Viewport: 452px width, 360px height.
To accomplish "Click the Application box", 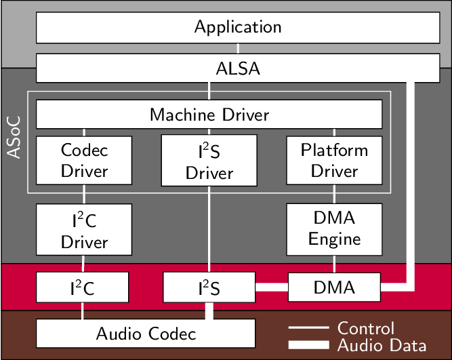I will tap(237, 28).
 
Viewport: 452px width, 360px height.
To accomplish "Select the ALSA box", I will tap(237, 68).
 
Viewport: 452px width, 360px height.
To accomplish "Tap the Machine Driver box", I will tap(209, 115).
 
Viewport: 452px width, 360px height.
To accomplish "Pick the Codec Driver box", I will tap(84, 160).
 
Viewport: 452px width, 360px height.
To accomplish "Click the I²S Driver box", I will tap(209, 161).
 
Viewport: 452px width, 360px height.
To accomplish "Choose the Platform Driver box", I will tap(334, 160).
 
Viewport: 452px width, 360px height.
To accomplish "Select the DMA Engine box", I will tap(334, 228).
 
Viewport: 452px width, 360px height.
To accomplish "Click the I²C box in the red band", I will tap(82, 287).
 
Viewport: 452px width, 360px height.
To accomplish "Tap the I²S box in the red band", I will tap(209, 287).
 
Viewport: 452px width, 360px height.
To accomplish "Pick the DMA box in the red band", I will tap(334, 287).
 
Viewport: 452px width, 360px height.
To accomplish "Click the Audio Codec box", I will tap(146, 334).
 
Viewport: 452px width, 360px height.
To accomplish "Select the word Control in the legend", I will tap(366, 328).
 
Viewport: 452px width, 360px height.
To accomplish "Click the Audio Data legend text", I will tap(382, 344).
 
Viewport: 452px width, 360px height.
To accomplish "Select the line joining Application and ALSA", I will tap(238, 48).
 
